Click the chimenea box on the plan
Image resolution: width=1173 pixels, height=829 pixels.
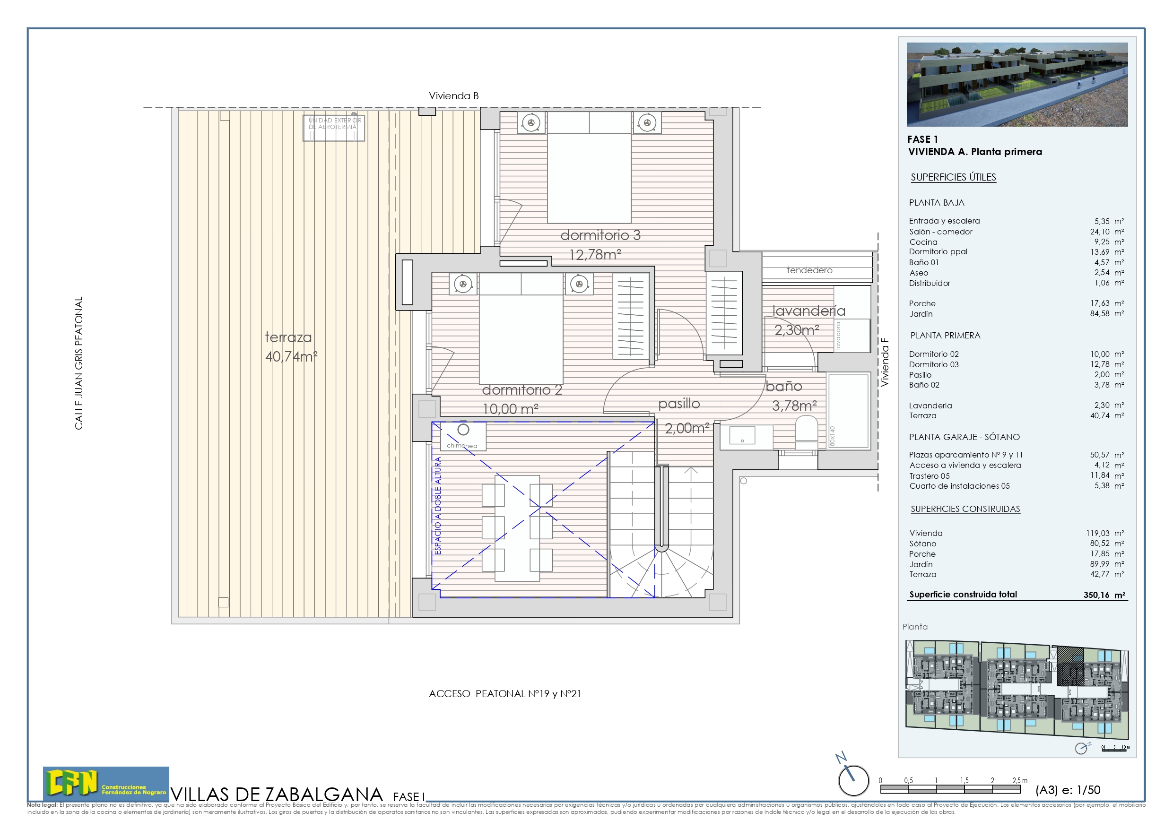[462, 437]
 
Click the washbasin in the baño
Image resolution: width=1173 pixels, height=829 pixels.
[742, 435]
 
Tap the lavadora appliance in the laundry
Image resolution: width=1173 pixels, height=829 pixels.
[852, 335]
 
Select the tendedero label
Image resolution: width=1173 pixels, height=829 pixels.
[809, 270]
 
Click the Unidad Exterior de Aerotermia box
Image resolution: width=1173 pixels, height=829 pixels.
[334, 127]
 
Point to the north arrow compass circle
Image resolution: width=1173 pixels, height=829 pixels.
[853, 780]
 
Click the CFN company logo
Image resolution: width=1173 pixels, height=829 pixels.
[106, 783]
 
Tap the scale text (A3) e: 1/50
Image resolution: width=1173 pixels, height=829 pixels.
[1067, 790]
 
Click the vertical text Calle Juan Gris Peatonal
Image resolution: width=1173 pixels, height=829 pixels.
[78, 363]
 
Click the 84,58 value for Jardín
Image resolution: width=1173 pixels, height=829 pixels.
[1099, 314]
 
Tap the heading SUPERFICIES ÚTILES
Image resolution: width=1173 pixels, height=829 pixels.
[953, 177]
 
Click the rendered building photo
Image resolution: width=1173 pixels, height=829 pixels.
[1017, 84]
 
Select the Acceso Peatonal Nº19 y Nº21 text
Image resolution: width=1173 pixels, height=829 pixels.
[504, 694]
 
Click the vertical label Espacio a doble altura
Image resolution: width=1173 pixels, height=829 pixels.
[438, 506]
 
